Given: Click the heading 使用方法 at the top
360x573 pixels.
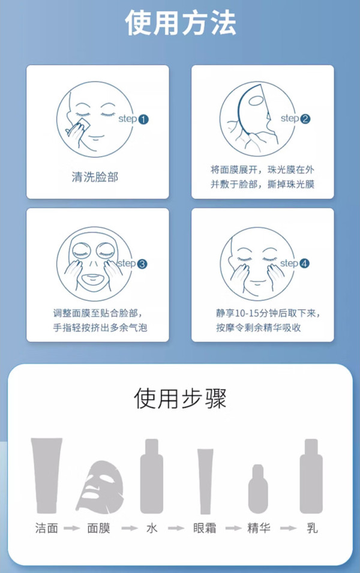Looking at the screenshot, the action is click(x=181, y=23).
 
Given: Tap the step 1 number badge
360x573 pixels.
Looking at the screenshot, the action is click(x=143, y=119).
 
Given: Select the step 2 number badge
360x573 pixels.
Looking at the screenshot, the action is click(x=305, y=119).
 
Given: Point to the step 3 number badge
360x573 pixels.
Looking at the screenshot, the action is click(x=142, y=264).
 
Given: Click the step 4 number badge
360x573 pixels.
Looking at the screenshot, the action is click(x=304, y=263).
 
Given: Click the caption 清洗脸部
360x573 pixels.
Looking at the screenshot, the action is click(x=95, y=177).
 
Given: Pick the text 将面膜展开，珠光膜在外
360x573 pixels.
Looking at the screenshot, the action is click(x=262, y=170).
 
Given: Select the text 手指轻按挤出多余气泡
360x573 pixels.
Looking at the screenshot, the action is click(x=100, y=328).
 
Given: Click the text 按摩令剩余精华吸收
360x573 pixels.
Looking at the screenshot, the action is click(x=259, y=328).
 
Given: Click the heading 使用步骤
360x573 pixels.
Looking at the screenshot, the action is click(x=180, y=398).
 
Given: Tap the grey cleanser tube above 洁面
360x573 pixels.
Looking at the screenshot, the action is click(x=46, y=475).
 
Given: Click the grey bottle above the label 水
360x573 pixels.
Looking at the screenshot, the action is click(x=152, y=476).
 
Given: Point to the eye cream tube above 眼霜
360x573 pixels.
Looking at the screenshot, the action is click(x=205, y=481).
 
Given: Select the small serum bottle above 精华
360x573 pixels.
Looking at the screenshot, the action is click(x=258, y=489).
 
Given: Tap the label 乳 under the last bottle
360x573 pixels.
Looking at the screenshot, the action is click(x=312, y=528).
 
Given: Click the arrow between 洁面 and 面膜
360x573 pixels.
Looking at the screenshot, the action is click(x=71, y=528).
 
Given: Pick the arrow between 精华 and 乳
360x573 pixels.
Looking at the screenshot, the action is click(x=289, y=528).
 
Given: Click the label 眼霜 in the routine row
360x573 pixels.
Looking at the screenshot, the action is click(x=205, y=528).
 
